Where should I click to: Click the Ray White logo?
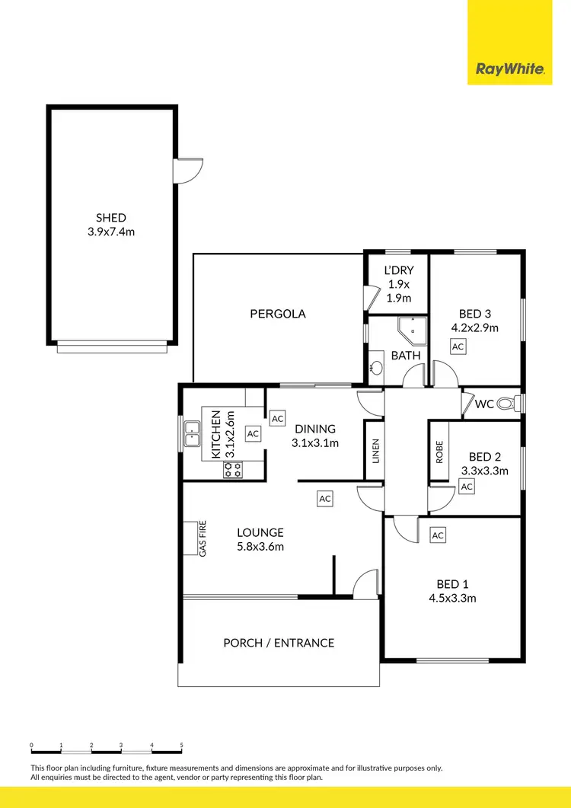click(x=509, y=69)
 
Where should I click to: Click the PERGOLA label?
click(x=278, y=313)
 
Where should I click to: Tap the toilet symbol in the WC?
click(x=507, y=404)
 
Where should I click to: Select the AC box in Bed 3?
click(x=457, y=347)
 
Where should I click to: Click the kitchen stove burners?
click(x=232, y=470)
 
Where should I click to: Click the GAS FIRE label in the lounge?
click(x=203, y=538)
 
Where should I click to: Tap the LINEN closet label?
click(x=375, y=452)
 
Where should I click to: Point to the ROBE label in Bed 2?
click(x=439, y=452)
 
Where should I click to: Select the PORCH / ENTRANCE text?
click(x=279, y=643)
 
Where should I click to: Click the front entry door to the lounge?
click(x=366, y=584)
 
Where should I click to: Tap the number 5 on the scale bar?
click(x=181, y=745)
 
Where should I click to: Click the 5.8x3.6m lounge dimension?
click(x=260, y=546)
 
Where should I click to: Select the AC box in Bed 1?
click(x=437, y=535)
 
